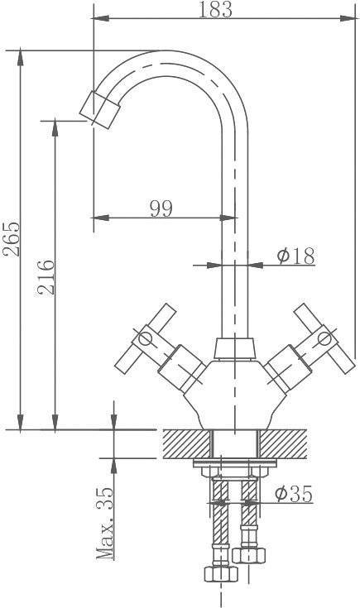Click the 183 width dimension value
click(x=215, y=9)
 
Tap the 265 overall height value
click(x=11, y=238)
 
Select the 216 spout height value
click(x=46, y=277)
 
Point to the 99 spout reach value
click(x=161, y=209)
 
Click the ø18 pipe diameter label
click(x=295, y=256)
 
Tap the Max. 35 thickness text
click(x=105, y=523)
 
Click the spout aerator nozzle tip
click(x=99, y=109)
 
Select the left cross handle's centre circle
click(x=145, y=338)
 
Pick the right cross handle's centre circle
click(x=324, y=338)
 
